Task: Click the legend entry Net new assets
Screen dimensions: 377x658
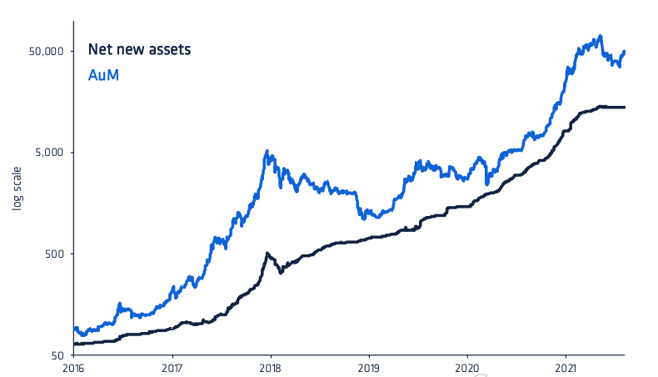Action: [140, 50]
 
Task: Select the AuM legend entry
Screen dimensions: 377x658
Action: [104, 76]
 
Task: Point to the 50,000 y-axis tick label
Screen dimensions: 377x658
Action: [47, 52]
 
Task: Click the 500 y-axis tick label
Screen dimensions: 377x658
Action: [56, 254]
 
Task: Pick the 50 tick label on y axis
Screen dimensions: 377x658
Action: [58, 355]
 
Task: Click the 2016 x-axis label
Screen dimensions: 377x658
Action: [74, 367]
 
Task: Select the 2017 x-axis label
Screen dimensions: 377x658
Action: [172, 367]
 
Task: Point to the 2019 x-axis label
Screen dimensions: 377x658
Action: [369, 367]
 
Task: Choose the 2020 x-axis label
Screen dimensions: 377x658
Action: [467, 367]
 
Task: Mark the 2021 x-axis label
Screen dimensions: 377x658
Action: [566, 367]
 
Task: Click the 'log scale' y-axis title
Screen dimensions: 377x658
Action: [17, 204]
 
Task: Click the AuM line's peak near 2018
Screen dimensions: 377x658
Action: [267, 152]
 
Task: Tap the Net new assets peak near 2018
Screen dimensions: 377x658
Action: [267, 253]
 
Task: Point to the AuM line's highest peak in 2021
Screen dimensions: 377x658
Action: [600, 37]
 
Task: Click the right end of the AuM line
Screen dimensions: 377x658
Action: [625, 52]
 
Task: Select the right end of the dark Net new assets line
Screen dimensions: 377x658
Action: [625, 107]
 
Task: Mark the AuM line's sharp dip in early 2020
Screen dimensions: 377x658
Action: [487, 182]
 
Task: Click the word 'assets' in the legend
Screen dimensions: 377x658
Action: [172, 50]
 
